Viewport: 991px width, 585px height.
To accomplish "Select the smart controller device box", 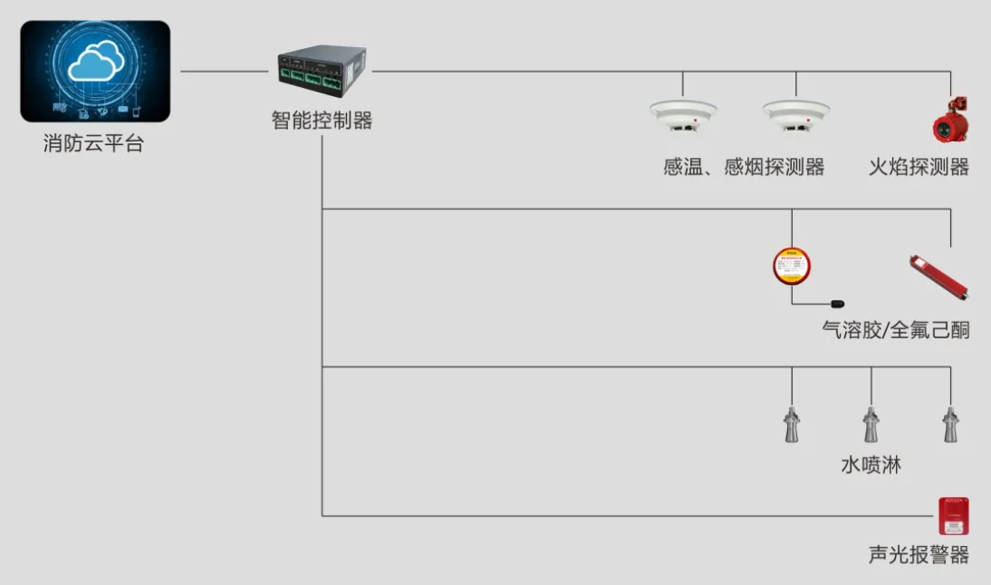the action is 322,71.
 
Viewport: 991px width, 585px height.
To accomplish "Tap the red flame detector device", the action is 950,120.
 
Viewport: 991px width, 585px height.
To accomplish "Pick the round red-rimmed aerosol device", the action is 792,266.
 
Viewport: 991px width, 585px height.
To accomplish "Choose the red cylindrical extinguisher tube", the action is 938,278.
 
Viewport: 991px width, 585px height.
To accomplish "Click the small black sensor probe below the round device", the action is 837,304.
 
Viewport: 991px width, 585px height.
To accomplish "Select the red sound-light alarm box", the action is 954,517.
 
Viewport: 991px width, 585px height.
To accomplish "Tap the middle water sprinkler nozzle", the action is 871,424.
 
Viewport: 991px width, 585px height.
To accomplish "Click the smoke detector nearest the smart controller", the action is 683,116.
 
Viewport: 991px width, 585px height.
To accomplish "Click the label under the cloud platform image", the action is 93,143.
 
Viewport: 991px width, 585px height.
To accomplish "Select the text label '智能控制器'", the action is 322,120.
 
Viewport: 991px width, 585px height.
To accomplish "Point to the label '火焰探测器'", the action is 919,167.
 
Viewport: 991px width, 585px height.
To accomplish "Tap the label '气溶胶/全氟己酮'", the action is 896,329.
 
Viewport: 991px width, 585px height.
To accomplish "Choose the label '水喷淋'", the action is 871,464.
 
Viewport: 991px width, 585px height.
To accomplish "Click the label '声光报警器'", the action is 919,554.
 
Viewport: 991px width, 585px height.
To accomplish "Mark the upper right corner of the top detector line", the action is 950,72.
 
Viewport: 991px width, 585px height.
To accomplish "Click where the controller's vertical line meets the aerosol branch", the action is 322,209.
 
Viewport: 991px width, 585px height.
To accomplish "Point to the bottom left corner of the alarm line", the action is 322,516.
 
